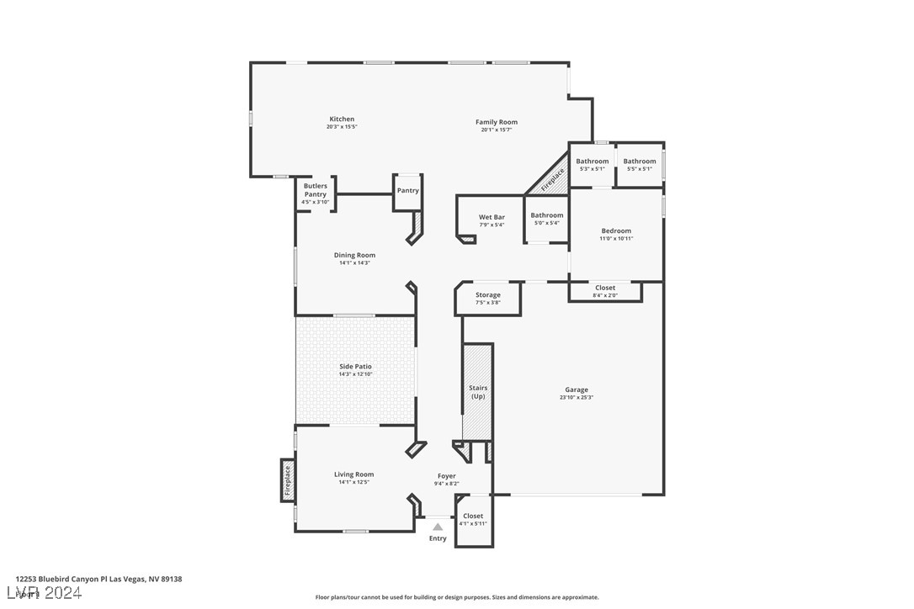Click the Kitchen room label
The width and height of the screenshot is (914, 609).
[x=342, y=119]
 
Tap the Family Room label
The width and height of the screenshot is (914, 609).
[x=496, y=122]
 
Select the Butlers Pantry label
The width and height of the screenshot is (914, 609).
[x=316, y=190]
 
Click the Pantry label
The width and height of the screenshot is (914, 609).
[x=407, y=191]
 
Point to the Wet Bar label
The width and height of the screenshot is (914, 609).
[x=492, y=218]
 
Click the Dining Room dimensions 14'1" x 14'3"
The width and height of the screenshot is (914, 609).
[x=354, y=263]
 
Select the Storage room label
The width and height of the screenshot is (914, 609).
[x=487, y=295]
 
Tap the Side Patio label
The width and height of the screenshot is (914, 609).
[x=355, y=367]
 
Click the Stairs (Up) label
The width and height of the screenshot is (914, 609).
[x=477, y=392]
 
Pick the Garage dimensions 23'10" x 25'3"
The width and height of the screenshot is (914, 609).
[x=577, y=398]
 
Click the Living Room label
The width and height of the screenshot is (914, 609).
[x=353, y=474]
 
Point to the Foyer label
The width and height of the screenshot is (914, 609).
[x=446, y=476]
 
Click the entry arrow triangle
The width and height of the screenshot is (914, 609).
[x=438, y=527]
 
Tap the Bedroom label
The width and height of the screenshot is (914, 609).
[x=615, y=230]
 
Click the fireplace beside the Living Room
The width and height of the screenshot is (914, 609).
[x=287, y=479]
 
